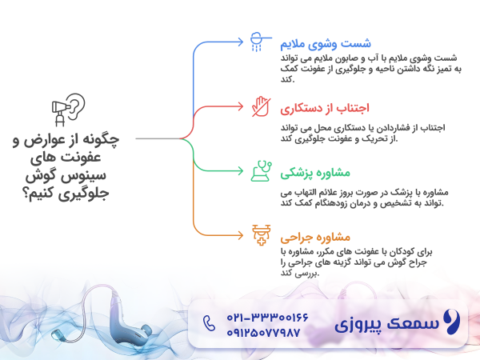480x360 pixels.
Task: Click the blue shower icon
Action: point(258,41)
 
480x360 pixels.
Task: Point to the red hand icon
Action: point(258,106)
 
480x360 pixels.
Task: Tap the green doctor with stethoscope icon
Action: point(258,171)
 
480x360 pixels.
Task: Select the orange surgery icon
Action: point(258,236)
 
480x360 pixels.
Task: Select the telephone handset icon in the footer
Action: point(210,324)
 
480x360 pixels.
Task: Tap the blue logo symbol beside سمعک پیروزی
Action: point(451,324)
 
